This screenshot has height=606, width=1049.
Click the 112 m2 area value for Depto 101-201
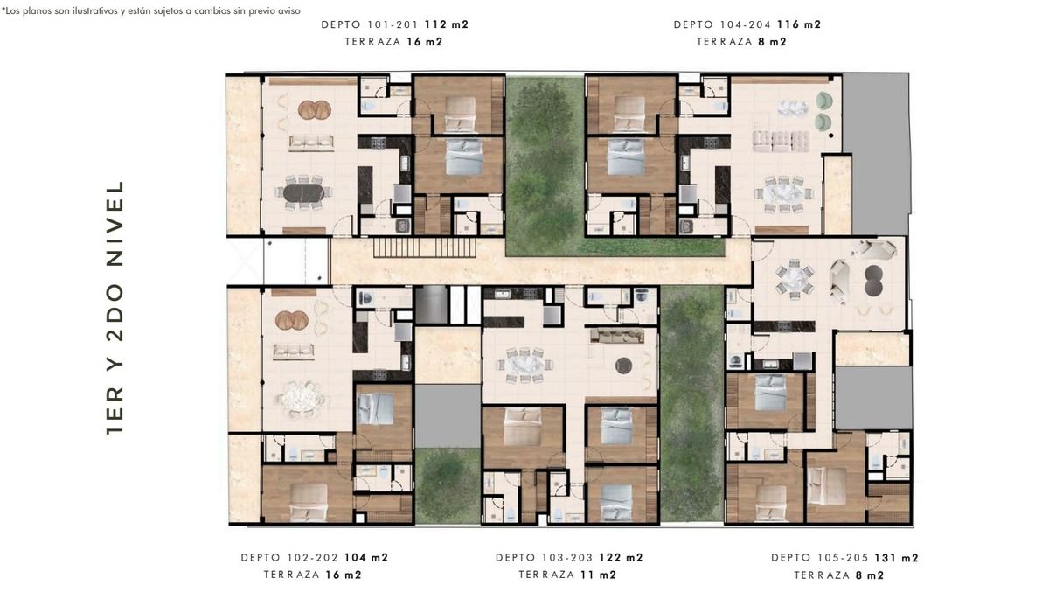click(447, 24)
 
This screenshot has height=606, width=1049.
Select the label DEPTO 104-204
click(723, 24)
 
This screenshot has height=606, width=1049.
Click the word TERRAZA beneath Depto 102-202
click(291, 575)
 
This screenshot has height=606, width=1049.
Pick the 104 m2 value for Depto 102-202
click(366, 557)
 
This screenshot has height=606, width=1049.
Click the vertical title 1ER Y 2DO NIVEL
click(115, 308)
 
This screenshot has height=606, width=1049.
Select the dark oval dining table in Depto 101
click(303, 192)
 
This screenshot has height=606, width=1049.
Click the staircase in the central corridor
click(425, 247)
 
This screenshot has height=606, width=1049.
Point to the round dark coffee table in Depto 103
click(623, 366)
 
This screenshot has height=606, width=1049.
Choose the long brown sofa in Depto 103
click(617, 335)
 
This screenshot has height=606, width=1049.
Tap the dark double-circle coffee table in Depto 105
click(874, 280)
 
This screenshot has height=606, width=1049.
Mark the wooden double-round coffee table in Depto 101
click(315, 110)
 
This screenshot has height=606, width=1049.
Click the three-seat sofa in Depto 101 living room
click(311, 143)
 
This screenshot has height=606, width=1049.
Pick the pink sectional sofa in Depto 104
click(781, 141)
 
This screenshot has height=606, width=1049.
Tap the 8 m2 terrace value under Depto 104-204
click(772, 42)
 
